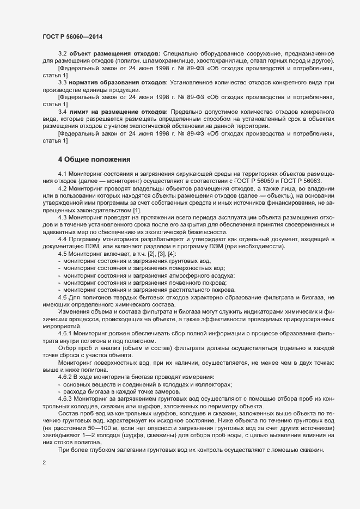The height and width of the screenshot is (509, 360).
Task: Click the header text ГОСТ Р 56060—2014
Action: [72, 36]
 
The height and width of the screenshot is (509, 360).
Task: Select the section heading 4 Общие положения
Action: [94, 160]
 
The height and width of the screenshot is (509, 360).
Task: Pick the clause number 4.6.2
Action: [66, 377]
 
